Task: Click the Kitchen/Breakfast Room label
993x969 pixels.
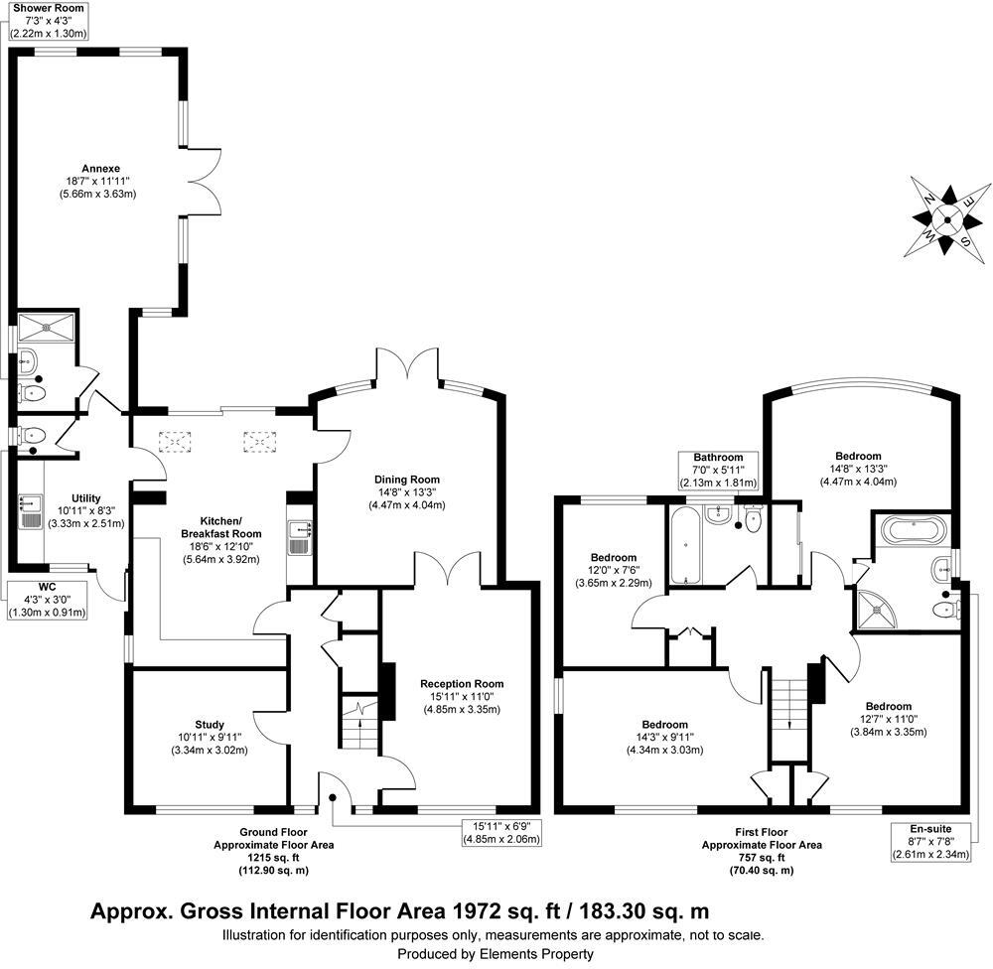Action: pyautogui.click(x=207, y=533)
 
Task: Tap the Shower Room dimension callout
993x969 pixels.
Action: pyautogui.click(x=50, y=20)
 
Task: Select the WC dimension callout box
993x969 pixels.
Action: pyautogui.click(x=49, y=600)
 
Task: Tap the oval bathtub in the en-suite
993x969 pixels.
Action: pyautogui.click(x=913, y=529)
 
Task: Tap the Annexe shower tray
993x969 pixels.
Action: pyautogui.click(x=45, y=325)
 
